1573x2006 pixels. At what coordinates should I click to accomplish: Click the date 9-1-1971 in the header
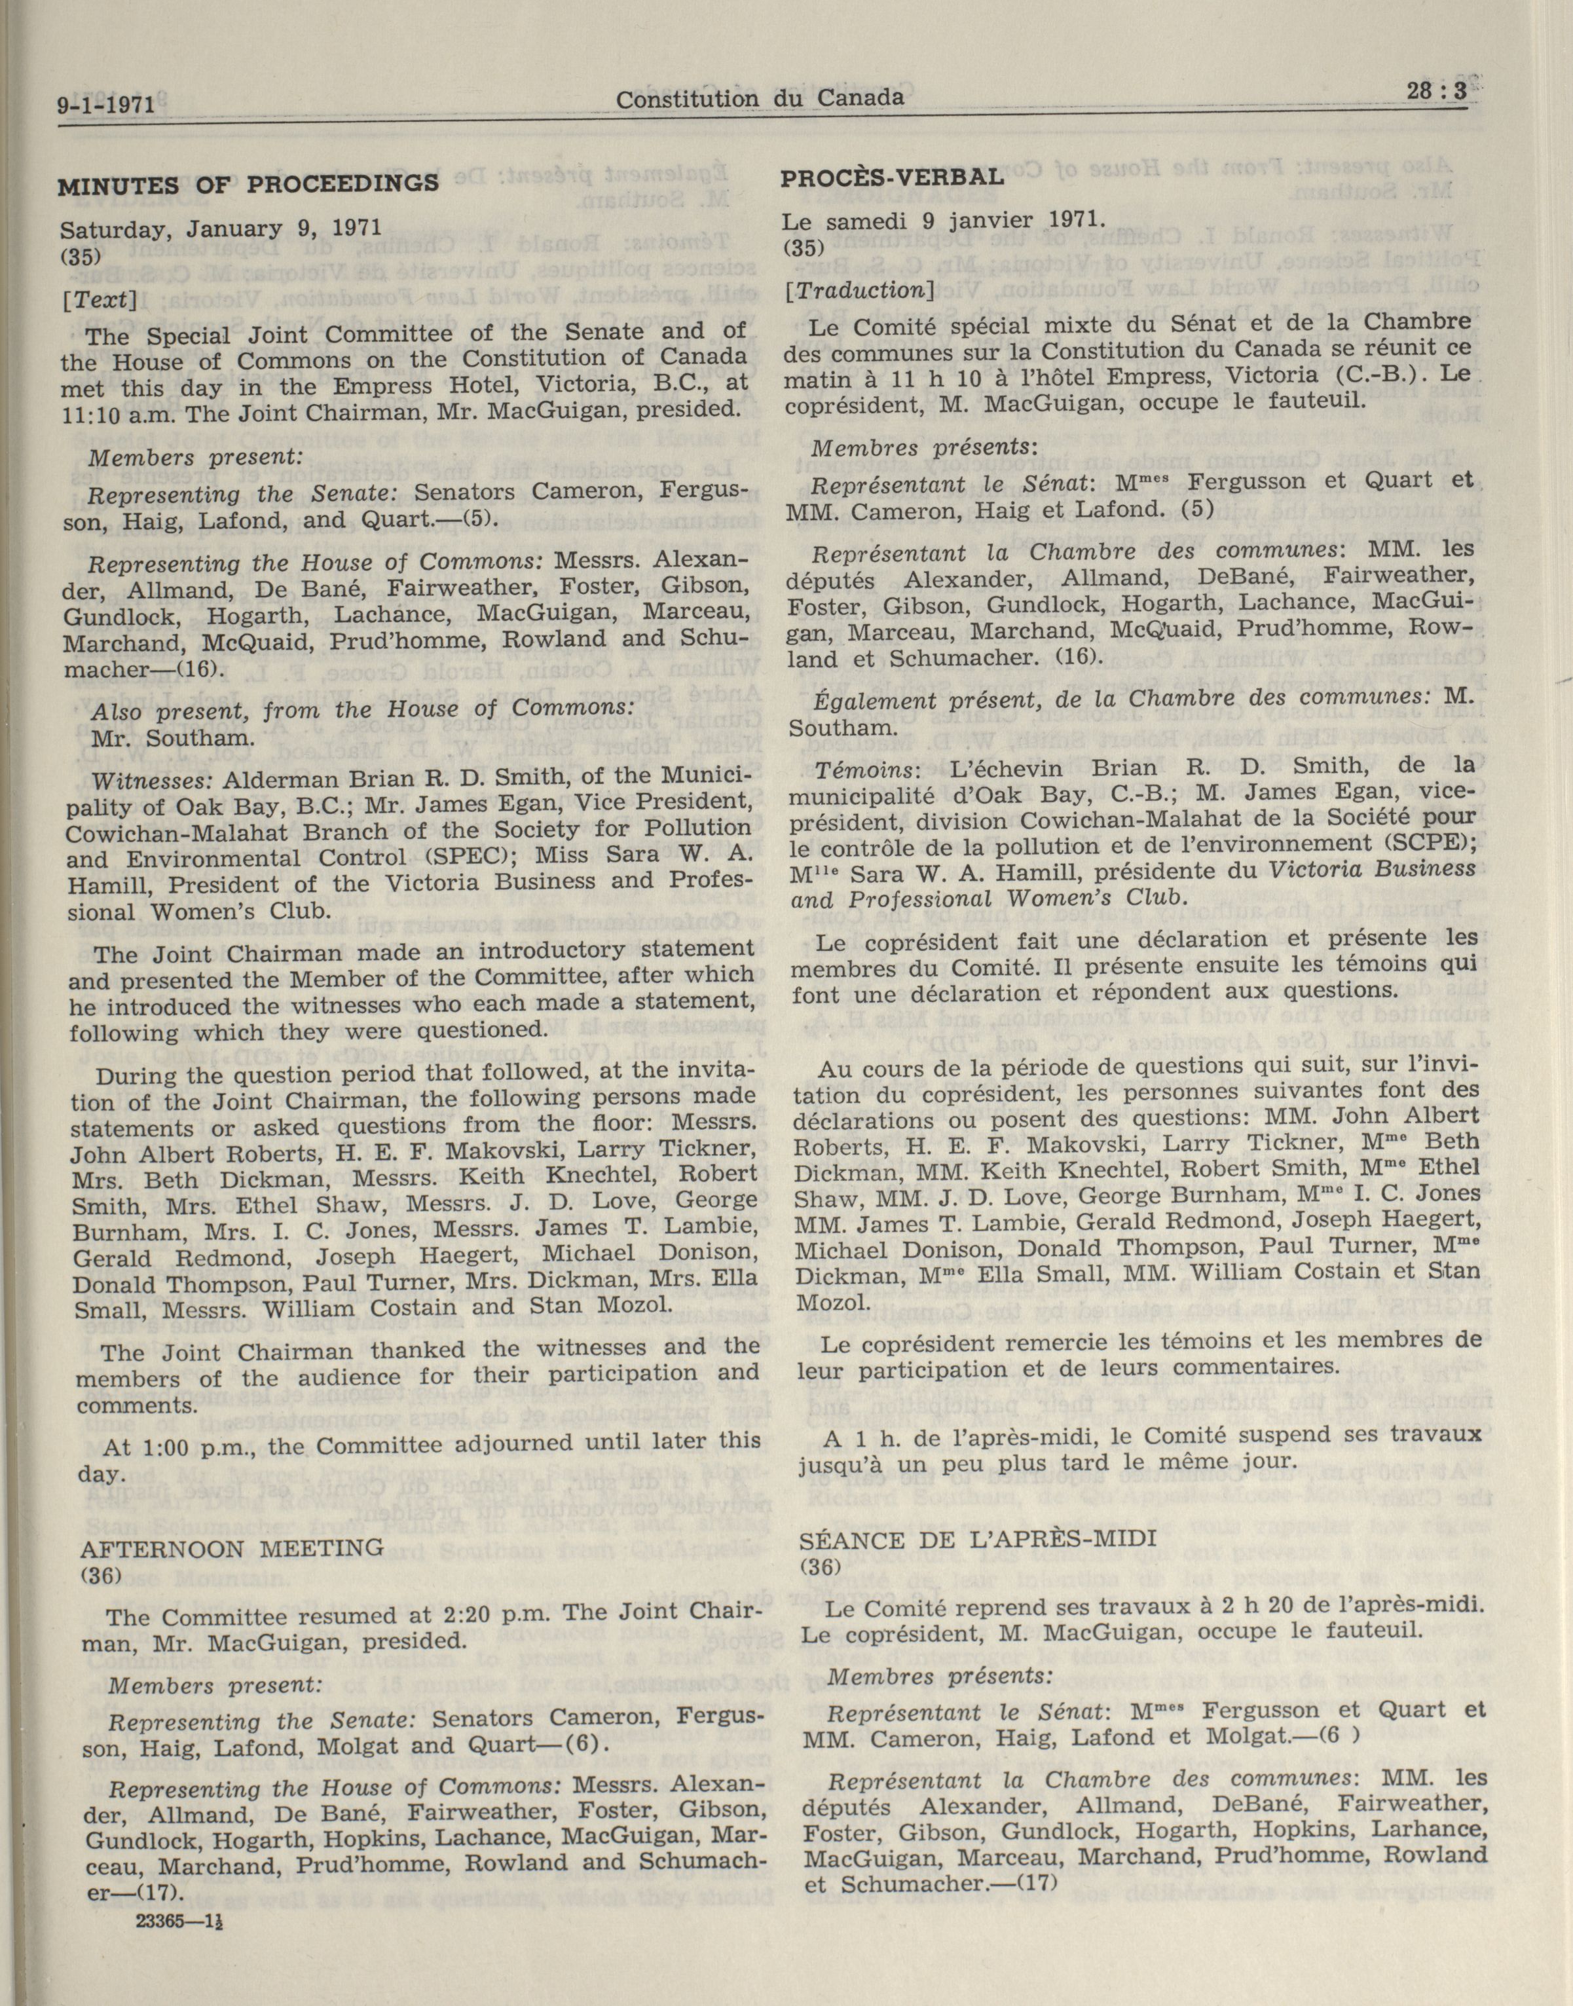click(x=104, y=104)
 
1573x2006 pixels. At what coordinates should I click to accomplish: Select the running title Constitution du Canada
click(x=759, y=98)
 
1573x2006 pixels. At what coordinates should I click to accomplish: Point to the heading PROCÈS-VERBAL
click(x=891, y=176)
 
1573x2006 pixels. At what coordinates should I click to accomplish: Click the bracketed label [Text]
click(x=100, y=299)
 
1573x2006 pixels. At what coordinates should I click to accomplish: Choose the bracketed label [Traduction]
click(x=859, y=290)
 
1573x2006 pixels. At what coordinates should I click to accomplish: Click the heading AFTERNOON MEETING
click(x=232, y=1548)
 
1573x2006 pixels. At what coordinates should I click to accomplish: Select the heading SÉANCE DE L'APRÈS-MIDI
click(x=977, y=1538)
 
